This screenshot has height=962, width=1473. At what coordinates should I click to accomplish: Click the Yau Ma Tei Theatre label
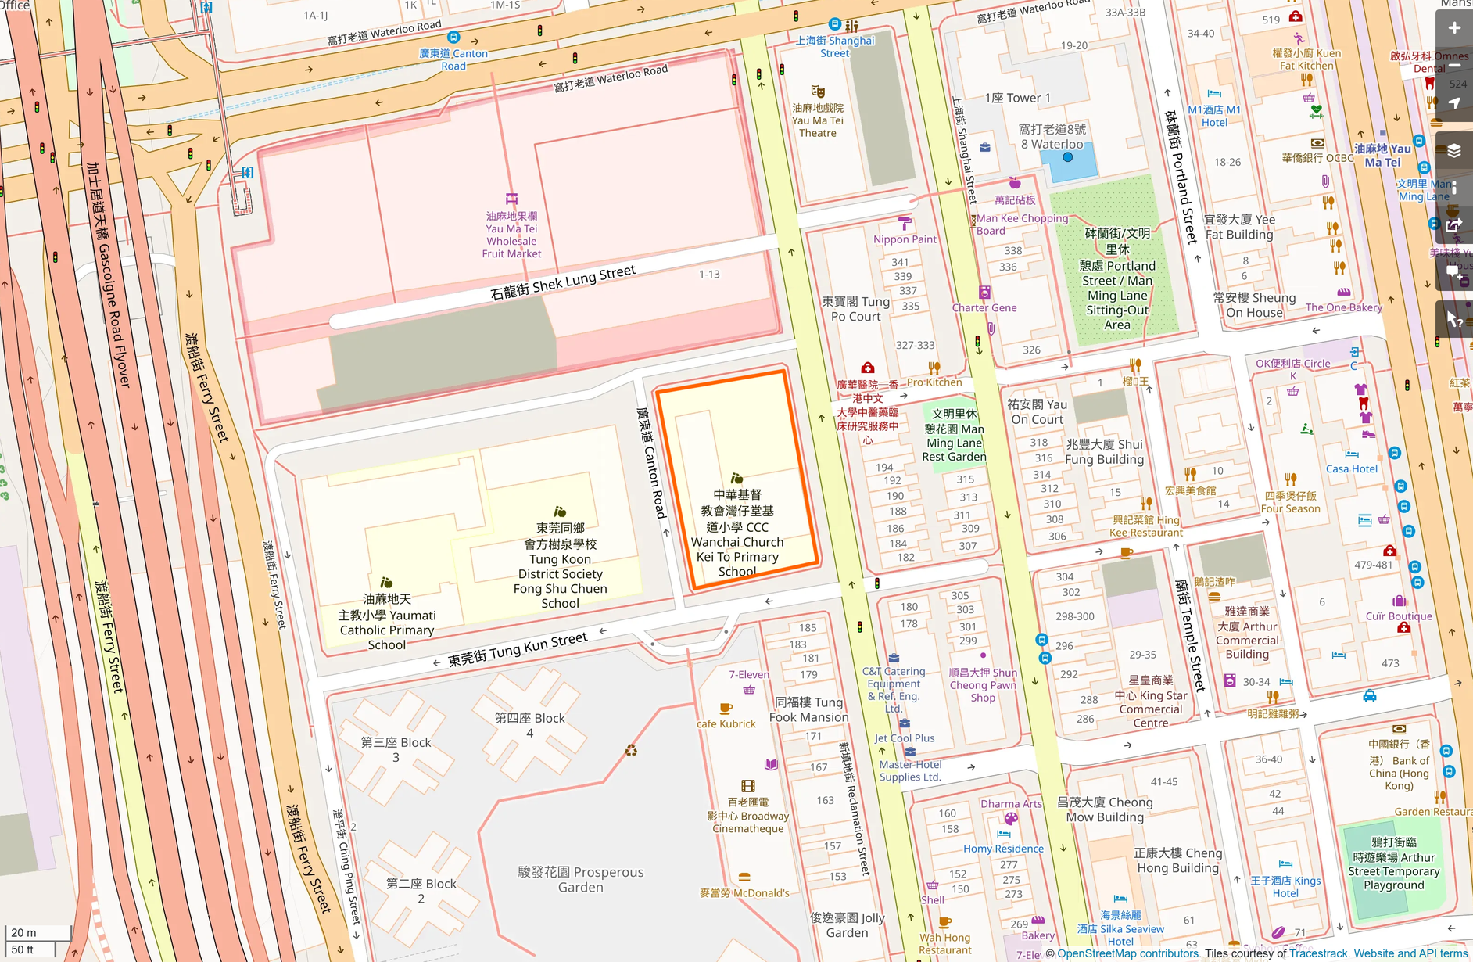point(817,120)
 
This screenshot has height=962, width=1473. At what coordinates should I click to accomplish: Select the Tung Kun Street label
point(518,649)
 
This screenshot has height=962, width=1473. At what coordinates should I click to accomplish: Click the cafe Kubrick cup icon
point(726,709)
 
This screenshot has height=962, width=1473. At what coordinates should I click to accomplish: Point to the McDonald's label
point(744,892)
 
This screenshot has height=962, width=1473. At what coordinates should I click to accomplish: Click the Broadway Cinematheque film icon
point(748,786)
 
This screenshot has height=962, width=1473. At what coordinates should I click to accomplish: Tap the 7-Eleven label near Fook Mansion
point(748,674)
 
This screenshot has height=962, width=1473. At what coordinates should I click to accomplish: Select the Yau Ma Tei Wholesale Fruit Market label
point(512,235)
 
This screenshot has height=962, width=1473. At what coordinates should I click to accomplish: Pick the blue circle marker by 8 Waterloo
point(1068,157)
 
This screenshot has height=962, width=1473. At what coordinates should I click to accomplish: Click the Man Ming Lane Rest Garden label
point(954,436)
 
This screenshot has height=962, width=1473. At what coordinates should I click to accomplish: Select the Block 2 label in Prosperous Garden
point(421,891)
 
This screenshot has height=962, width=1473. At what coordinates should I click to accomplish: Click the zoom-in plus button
point(1453,29)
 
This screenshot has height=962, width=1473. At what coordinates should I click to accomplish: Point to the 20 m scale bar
point(37,933)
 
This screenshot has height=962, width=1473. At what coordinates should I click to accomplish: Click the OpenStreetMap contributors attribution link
point(1127,953)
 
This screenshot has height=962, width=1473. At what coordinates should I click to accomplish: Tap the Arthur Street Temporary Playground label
point(1393,863)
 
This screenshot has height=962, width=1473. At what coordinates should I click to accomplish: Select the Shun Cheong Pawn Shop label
point(983,685)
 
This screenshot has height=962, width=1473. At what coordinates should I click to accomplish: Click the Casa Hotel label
point(1352,468)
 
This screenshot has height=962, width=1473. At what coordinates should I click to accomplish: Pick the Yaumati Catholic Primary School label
point(387,622)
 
